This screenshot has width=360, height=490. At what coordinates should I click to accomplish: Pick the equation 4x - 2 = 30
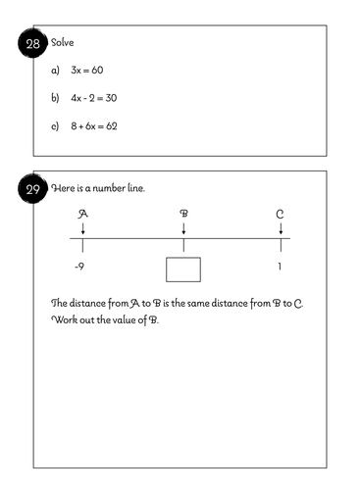coord(98,99)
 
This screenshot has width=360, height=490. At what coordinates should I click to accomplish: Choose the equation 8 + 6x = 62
coord(94,126)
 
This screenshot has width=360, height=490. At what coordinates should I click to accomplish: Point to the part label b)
coord(56,99)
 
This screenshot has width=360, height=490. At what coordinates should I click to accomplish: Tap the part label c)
coord(56,126)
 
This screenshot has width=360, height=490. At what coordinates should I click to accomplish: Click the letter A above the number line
coord(82,213)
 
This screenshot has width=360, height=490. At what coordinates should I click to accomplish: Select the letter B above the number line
coord(183,213)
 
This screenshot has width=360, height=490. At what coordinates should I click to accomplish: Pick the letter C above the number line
coord(282,213)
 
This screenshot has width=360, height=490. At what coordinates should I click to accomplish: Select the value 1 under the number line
coord(282,267)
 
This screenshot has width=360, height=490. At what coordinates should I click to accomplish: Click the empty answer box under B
coord(183,269)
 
